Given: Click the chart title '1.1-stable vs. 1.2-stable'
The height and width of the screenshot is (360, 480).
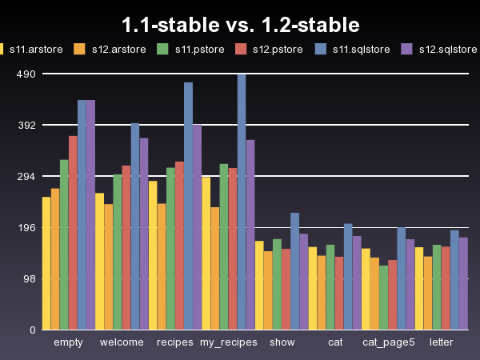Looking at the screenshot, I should [240, 25].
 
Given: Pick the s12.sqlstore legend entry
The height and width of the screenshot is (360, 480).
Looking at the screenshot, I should [448, 49].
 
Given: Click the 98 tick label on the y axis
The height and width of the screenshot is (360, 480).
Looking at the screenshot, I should [29, 279].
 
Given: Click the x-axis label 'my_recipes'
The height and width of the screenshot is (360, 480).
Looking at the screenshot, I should [228, 342].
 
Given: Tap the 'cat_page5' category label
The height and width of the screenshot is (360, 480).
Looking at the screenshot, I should [389, 342].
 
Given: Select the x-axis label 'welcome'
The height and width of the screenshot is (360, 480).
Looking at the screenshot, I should [122, 342].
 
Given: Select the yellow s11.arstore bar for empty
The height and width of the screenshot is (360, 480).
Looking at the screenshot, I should [46, 263].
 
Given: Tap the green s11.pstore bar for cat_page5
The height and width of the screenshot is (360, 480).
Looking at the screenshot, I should [383, 298].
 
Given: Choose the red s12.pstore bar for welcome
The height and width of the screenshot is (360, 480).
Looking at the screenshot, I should [126, 247].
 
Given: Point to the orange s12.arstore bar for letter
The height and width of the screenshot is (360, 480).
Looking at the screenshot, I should [428, 293].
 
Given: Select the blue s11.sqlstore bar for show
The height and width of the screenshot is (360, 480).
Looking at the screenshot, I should [294, 271].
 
